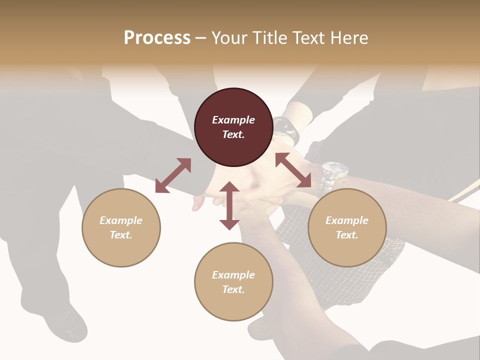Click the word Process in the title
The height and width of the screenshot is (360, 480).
[x=157, y=38]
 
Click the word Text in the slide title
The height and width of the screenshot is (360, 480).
[x=309, y=38]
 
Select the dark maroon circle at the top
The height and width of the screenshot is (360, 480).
[x=233, y=127]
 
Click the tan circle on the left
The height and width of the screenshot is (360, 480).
[x=121, y=227]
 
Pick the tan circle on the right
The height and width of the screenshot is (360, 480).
[x=347, y=227]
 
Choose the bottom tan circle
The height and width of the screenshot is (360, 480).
[x=233, y=282]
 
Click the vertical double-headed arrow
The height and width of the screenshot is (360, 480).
[x=229, y=205]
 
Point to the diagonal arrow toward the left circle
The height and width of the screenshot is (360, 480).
[x=173, y=175]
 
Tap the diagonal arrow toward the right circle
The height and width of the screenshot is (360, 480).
[x=293, y=170]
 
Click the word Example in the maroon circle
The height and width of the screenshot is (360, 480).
[x=233, y=120]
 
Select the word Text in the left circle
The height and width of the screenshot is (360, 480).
[x=121, y=235]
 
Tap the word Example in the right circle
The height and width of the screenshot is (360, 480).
[x=347, y=220]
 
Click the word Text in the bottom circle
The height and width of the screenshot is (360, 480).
[x=233, y=289]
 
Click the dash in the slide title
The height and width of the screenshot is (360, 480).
[x=200, y=38]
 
